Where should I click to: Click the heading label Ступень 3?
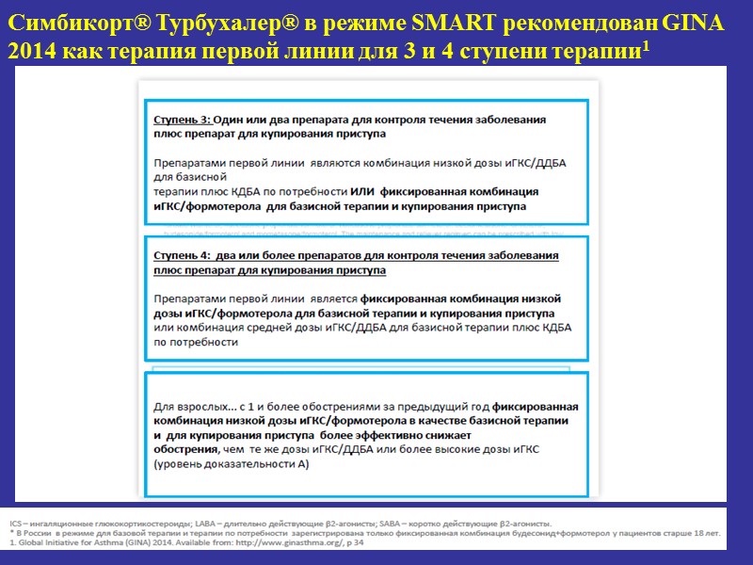pyautogui.click(x=183, y=121)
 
